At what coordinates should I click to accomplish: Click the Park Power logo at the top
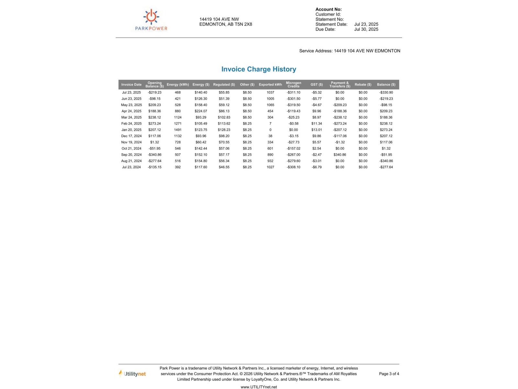pos(151,20)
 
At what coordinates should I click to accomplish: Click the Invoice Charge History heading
pos(259,69)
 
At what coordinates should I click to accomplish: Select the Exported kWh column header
pos(270,85)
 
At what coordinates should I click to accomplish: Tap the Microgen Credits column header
pos(293,85)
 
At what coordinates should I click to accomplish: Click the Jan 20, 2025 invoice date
pos(131,130)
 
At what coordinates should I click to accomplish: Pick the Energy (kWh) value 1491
pos(178,130)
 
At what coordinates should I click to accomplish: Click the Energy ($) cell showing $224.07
pos(201,111)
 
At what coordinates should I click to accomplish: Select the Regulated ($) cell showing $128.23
pos(224,130)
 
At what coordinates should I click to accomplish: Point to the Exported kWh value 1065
pos(270,105)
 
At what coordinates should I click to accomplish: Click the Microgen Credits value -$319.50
pos(293,105)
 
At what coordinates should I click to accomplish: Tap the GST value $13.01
pos(317,130)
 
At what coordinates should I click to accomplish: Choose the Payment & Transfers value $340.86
pos(340,155)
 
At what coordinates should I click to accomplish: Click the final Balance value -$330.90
pos(386,92)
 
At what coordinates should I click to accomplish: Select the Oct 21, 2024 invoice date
pos(131,148)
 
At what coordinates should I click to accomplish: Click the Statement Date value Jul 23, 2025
pos(366,24)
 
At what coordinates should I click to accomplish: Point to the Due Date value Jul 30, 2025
pos(366,29)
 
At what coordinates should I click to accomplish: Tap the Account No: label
pos(328,9)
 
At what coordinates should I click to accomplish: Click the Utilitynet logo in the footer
pos(132,374)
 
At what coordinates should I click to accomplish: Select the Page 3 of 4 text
pos(389,374)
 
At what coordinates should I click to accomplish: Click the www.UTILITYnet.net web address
pos(259,387)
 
